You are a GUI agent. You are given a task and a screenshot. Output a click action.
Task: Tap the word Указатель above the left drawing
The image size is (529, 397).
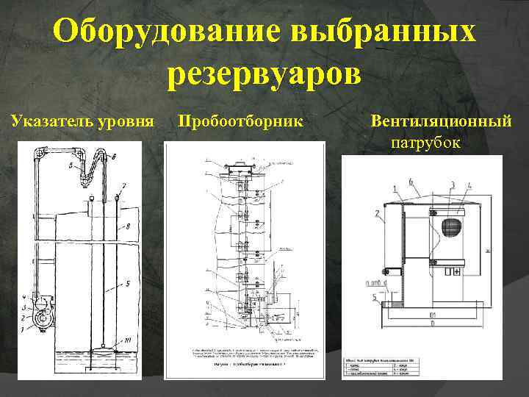[x=48, y=120]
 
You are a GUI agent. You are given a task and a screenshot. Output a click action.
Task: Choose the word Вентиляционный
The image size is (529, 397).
[x=441, y=120]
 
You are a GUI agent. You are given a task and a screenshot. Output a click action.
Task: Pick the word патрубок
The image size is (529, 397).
[x=426, y=141]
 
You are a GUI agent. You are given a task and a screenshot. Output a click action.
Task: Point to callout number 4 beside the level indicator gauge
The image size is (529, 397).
[x=24, y=298]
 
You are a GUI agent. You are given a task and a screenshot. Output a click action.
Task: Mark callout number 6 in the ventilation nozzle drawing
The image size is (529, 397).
[x=411, y=181]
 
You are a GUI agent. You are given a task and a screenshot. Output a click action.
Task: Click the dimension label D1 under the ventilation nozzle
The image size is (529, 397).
[x=433, y=321]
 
